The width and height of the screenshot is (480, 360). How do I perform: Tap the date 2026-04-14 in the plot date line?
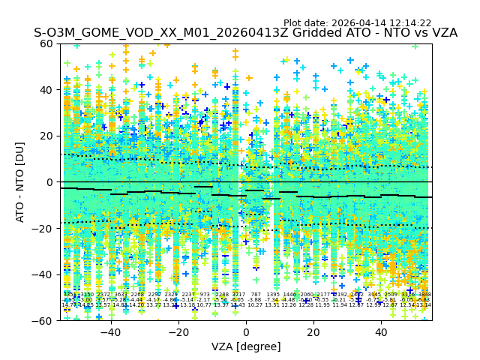355,23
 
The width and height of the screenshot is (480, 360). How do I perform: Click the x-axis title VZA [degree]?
246,346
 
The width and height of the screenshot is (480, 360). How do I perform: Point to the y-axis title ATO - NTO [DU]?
21,182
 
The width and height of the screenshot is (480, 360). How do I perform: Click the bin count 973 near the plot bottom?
205,295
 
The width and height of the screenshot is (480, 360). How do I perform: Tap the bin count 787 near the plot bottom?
256,295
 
